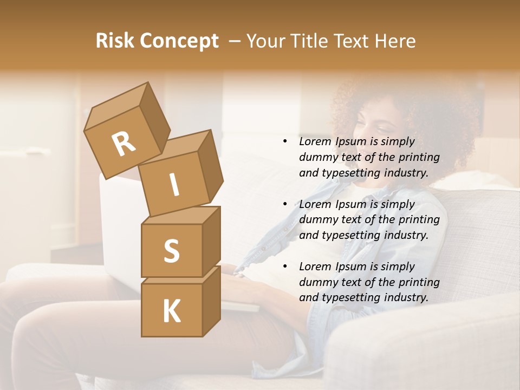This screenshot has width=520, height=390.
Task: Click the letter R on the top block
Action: [x=123, y=144]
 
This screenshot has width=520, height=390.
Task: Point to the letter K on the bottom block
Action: [x=171, y=311]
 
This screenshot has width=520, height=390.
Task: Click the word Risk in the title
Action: [x=115, y=41]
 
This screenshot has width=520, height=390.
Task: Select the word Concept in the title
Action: [x=179, y=41]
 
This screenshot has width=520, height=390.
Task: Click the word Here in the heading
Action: [x=395, y=41]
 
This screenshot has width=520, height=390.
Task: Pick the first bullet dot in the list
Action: [x=285, y=142]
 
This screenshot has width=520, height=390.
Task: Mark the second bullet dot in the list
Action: [x=285, y=205]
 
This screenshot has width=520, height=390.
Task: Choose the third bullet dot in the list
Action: [x=285, y=267]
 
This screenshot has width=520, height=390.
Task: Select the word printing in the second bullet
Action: [x=418, y=220]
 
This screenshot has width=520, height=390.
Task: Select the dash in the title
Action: [x=236, y=41]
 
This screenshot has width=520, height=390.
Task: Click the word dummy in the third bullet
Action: [x=318, y=282]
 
